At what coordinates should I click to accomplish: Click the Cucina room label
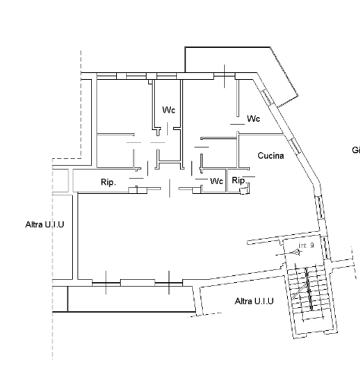270,156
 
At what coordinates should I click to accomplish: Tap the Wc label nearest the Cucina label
254,119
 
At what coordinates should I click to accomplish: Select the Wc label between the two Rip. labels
216,182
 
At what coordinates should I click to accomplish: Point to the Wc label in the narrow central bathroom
169,111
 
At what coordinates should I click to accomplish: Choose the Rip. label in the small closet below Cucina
238,181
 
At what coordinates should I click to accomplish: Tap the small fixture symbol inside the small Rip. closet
244,191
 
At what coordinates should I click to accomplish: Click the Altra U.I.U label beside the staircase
254,301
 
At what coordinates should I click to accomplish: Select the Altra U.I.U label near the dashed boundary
45,224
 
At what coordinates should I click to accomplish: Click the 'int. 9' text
306,245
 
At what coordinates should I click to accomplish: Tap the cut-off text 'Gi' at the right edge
355,151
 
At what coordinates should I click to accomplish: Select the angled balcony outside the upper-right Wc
281,76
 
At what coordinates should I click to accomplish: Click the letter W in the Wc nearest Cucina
251,119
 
